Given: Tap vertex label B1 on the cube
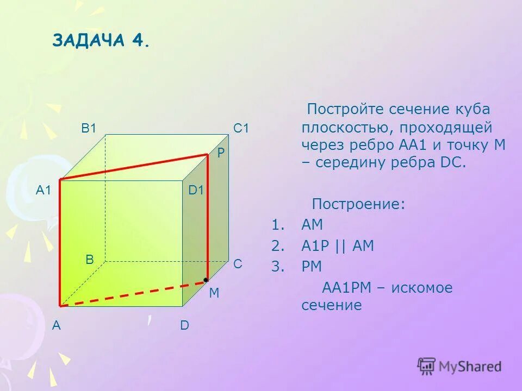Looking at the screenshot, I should (x=89, y=129).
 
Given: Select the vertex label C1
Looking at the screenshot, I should (x=241, y=129).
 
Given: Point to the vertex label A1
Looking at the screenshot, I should (x=43, y=190).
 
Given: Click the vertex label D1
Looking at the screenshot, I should (x=196, y=190).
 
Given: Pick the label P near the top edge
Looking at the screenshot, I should (x=221, y=154).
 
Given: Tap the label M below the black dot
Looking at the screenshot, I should (x=214, y=293).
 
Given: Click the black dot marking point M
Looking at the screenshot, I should (x=206, y=280).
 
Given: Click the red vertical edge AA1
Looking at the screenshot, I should (x=60, y=242).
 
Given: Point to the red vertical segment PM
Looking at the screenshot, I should (x=207, y=217).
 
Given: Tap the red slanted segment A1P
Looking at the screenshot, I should (x=133, y=167).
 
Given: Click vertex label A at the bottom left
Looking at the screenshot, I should (x=56, y=326).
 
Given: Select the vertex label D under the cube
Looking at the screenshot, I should (x=184, y=326).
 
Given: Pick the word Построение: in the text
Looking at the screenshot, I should (x=358, y=205).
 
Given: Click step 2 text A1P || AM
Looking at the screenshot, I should (x=338, y=246).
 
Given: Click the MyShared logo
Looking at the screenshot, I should (x=459, y=366).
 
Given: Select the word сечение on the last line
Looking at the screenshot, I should (x=332, y=305).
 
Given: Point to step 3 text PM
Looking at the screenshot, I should (x=312, y=267).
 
